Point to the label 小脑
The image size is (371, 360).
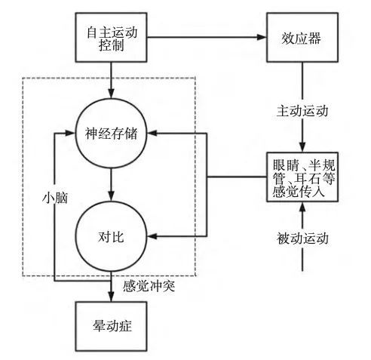[55, 198]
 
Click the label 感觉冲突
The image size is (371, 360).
[149, 286]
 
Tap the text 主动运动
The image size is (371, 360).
[302, 111]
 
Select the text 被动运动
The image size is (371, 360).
[302, 238]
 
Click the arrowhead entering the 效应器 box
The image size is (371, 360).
[262, 37]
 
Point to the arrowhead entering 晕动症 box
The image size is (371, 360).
[111, 297]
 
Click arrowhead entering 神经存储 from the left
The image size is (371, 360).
[71, 134]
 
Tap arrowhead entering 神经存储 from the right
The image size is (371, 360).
[152, 134]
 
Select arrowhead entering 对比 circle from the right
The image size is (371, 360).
[152, 236]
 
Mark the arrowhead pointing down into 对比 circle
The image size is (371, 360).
[111, 196]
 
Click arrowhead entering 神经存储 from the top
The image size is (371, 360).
[111, 94]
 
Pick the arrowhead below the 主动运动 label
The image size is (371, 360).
[302, 147]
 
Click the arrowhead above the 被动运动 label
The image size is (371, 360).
[302, 207]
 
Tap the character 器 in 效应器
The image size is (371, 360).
[314, 38]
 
